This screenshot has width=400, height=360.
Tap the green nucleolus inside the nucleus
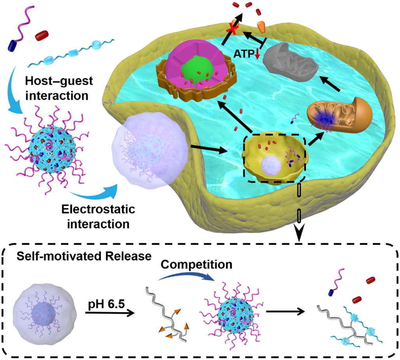(x=198, y=72)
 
